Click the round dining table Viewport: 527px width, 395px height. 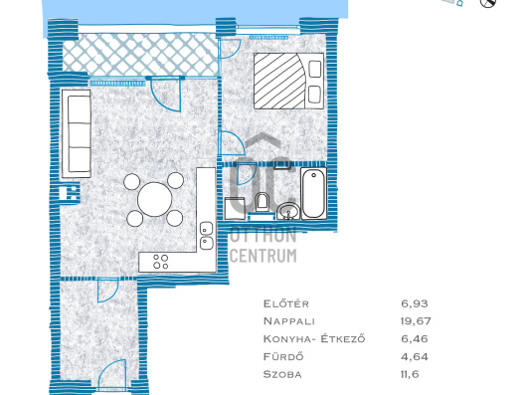point(154,199)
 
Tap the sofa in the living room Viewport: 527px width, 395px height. point(77,133)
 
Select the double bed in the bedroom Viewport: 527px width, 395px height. point(288,81)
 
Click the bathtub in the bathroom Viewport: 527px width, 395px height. point(313,194)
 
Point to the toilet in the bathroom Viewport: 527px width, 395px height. point(262,201)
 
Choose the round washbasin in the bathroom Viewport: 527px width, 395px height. point(288,211)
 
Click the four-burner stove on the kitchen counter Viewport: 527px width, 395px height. point(161,262)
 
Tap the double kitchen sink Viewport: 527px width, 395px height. point(207,236)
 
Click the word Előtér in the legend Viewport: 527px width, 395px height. point(286,303)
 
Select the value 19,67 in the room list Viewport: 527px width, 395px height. point(416,321)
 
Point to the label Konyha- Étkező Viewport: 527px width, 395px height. point(314,338)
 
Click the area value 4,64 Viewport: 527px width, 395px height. point(415,356)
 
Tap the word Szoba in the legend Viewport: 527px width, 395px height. point(282,374)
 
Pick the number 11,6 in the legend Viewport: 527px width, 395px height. point(410,374)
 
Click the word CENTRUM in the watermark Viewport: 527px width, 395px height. point(263,256)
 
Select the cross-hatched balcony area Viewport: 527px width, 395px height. point(140,55)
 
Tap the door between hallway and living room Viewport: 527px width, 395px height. point(108,291)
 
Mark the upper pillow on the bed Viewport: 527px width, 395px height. point(314,69)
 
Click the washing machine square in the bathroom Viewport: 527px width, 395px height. point(236,209)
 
